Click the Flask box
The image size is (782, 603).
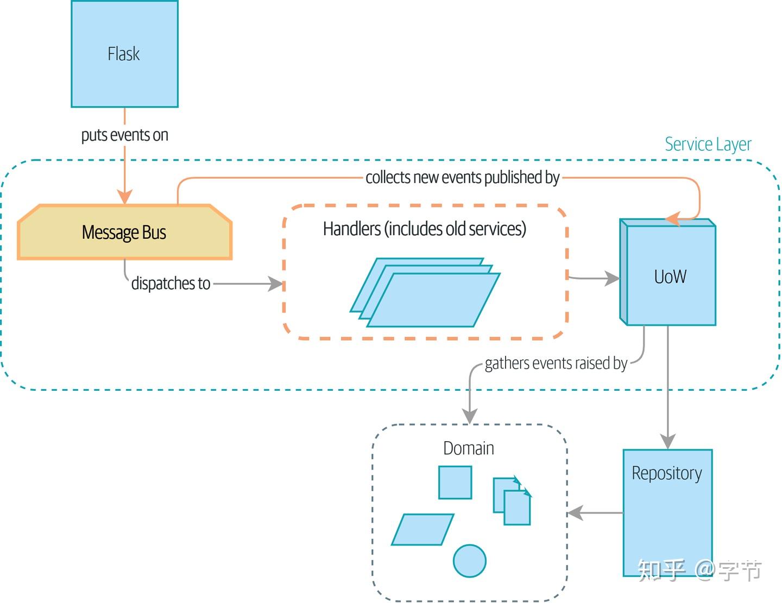124,54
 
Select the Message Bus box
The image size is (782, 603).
124,232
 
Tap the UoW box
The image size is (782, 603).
670,276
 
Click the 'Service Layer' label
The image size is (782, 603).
708,144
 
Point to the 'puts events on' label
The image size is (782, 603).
124,135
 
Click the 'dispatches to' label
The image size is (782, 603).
171,283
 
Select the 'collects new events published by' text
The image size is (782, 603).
462,177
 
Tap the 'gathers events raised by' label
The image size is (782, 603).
556,363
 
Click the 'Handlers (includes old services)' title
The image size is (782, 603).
424,229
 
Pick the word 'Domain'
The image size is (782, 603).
469,448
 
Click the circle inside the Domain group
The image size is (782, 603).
469,561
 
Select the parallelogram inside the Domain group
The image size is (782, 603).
422,529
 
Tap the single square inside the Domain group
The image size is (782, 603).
455,483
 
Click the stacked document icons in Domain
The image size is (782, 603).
512,500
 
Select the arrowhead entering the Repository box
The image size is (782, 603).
667,441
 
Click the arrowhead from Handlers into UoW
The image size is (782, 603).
613,278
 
